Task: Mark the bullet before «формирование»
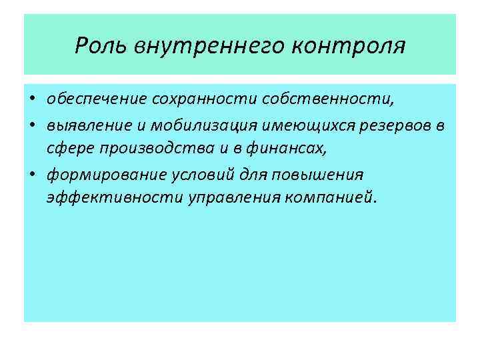31,174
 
